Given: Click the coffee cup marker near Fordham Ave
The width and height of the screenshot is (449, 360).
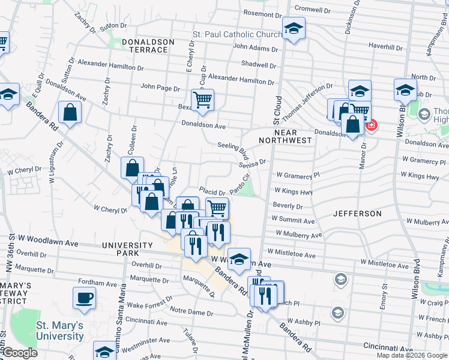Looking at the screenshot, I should point(84,298).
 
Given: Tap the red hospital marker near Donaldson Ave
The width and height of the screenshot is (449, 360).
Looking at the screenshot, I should point(371,125).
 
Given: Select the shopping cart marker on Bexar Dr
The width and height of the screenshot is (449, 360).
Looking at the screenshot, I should point(203,100).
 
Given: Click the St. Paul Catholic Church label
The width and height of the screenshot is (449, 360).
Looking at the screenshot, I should point(237,35).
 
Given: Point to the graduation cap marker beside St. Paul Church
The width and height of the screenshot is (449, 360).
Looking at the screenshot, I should point(294,28).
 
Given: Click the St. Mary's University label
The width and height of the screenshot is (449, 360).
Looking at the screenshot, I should point(59,331).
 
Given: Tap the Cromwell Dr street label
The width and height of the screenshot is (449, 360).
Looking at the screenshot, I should point(313,10).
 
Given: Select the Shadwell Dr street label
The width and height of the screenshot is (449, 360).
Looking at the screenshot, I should point(258,65).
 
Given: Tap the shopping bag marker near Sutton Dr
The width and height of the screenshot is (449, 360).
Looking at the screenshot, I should point(70,113).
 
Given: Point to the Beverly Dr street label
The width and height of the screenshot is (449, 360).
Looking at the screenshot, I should point(288,206).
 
